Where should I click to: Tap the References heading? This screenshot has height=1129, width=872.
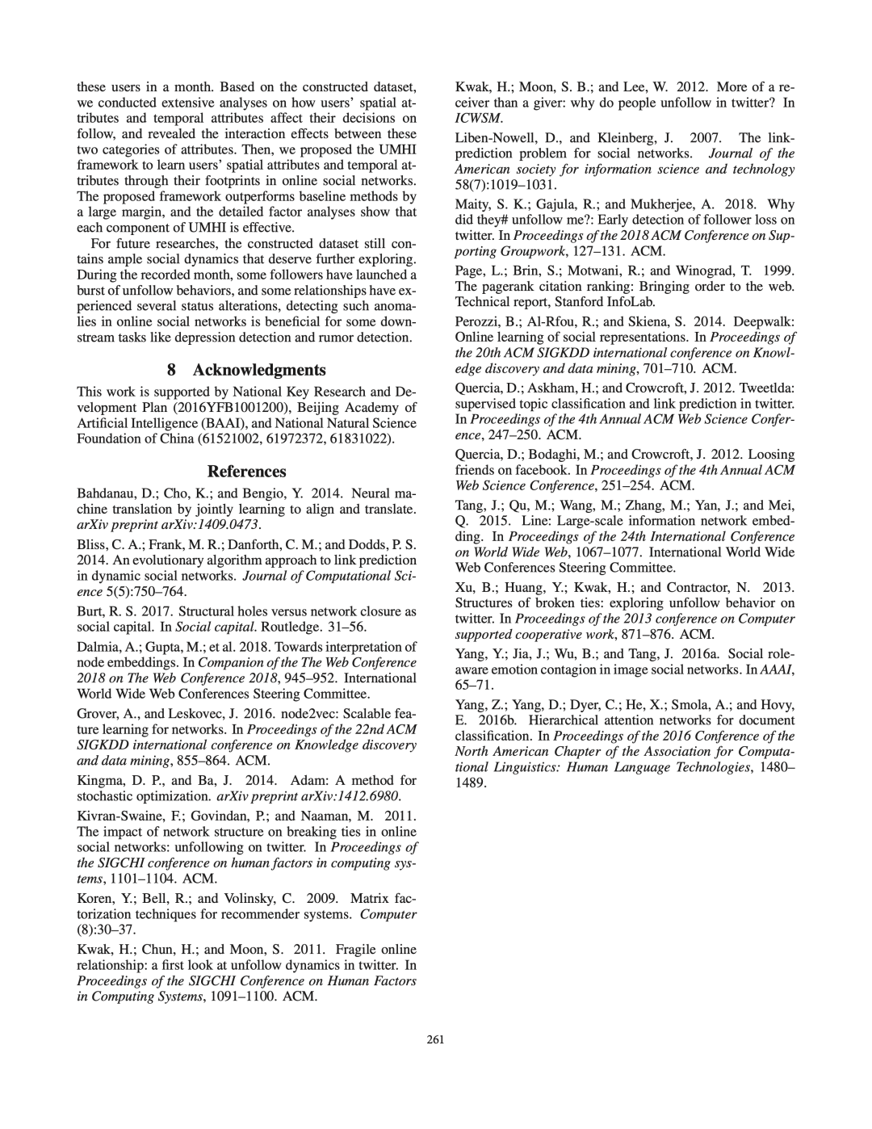tap(247, 471)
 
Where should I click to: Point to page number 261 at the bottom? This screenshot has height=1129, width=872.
tap(436, 1039)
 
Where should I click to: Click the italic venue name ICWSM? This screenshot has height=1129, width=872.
tap(474, 117)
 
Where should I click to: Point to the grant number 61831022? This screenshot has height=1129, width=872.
tap(367, 438)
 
